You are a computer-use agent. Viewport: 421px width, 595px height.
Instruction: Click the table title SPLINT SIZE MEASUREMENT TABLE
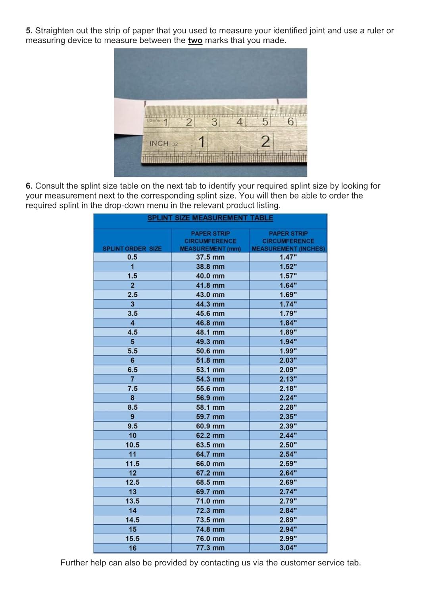tap(210, 218)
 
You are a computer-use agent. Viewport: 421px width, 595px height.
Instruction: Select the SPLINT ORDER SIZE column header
tap(132, 249)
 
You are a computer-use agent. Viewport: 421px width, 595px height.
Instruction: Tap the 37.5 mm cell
tap(210, 257)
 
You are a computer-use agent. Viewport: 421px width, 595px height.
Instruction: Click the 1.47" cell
tap(288, 257)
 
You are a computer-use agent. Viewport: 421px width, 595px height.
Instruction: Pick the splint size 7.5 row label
tap(133, 389)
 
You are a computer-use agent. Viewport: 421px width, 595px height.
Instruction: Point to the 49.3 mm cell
tap(210, 342)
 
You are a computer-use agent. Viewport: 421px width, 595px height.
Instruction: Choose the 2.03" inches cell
tap(288, 361)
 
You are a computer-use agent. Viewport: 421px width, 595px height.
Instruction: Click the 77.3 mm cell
tap(210, 548)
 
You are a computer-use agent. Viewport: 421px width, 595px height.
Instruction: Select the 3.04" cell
tap(288, 548)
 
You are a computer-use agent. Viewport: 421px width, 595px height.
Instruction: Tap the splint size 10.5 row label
tap(133, 445)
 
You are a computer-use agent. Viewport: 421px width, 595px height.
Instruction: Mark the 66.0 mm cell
tap(210, 464)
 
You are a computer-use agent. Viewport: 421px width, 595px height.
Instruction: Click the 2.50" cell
tap(288, 445)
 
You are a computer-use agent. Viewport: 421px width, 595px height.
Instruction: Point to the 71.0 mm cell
tap(210, 501)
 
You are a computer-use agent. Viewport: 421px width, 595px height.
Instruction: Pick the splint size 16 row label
tap(133, 548)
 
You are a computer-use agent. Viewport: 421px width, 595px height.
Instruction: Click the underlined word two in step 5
tap(195, 40)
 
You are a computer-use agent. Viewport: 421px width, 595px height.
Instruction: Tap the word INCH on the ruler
tap(159, 144)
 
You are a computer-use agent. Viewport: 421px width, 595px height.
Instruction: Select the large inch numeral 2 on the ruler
tap(266, 141)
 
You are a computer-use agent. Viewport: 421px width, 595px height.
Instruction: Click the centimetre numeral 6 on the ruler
tap(290, 122)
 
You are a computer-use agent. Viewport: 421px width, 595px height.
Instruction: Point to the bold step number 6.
tap(29, 186)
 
